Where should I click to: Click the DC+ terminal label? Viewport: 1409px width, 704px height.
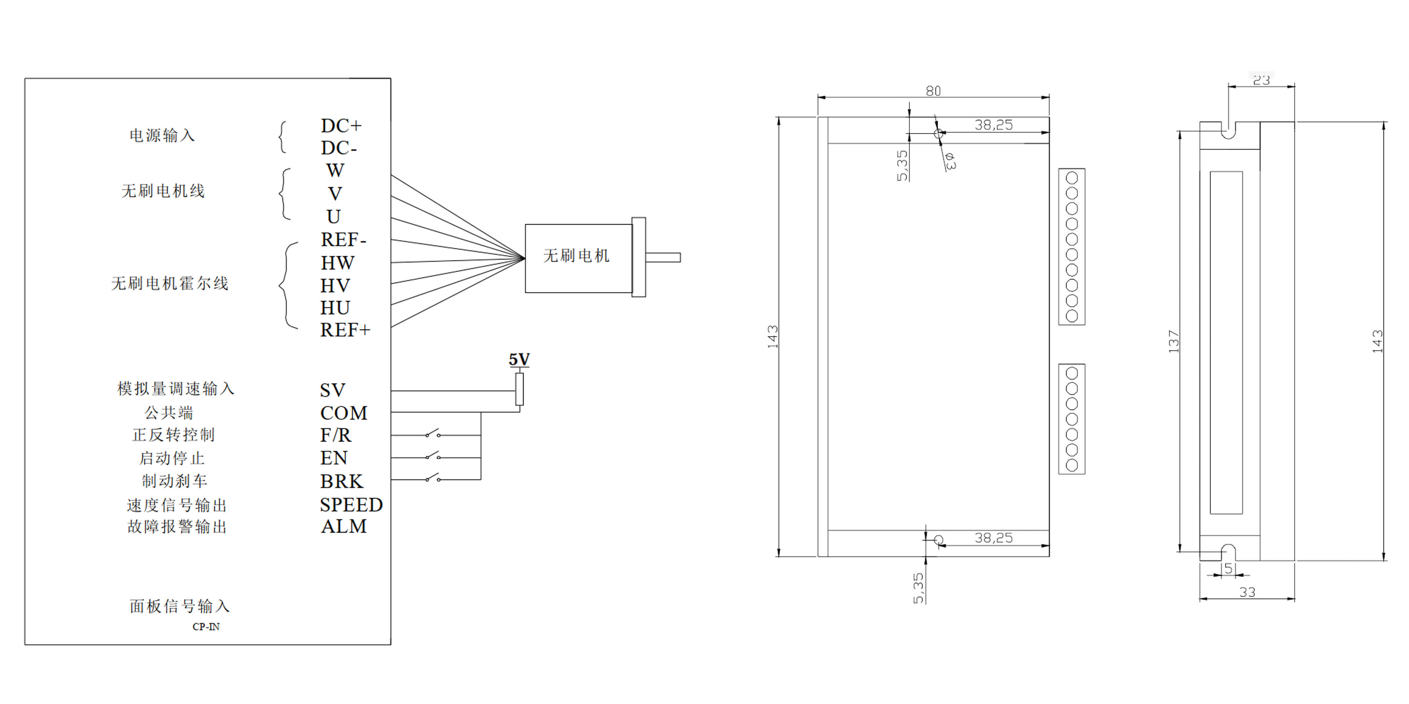pos(341,126)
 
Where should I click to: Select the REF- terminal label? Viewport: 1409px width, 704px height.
pos(343,239)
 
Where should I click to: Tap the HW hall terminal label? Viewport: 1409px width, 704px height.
pos(337,263)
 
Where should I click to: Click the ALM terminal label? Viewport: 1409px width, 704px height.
pos(343,526)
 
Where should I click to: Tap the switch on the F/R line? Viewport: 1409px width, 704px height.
pos(433,434)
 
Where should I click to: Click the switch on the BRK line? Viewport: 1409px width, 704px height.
pos(433,478)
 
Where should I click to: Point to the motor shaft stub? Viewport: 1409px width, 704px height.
pos(663,257)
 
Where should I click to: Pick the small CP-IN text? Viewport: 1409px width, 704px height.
pos(206,627)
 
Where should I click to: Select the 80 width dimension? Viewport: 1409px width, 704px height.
pos(933,91)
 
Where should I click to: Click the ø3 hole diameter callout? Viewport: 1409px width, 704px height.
pos(950,161)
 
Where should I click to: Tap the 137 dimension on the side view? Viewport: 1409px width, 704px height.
pos(1173,341)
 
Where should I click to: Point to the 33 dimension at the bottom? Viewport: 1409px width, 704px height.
pos(1247,592)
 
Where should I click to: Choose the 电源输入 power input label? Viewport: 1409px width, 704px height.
pos(162,136)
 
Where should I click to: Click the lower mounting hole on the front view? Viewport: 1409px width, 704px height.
pos(939,540)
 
